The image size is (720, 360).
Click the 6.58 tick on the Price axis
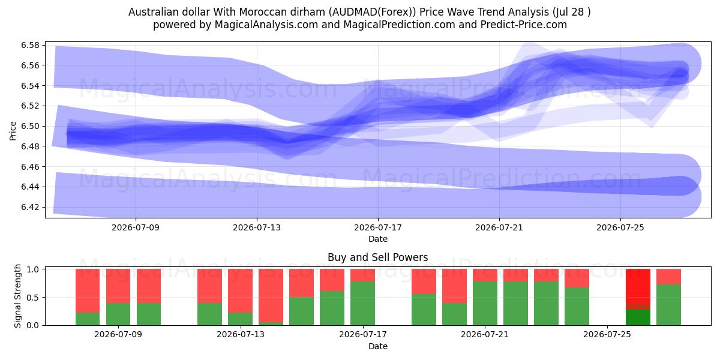click(30, 45)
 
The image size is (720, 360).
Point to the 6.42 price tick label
click(30, 207)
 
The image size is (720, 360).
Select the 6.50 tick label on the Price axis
click(30, 126)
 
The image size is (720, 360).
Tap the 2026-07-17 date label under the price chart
click(378, 227)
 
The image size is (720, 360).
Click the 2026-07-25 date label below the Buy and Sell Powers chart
click(607, 334)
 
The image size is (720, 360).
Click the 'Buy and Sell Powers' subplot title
click(377, 257)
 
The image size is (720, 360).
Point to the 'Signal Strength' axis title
click(17, 296)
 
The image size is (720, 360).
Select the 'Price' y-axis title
click(13, 131)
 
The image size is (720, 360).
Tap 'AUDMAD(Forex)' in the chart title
click(372, 12)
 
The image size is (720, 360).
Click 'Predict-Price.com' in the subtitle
click(524, 25)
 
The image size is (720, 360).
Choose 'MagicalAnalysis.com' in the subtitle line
click(266, 25)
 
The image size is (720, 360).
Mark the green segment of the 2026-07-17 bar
click(362, 303)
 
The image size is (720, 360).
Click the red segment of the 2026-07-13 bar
click(240, 290)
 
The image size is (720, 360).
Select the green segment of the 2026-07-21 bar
click(485, 303)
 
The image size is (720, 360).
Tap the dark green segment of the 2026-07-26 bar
click(638, 317)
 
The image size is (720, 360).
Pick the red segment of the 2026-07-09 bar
click(118, 286)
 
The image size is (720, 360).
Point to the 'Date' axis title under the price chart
click(378, 239)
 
